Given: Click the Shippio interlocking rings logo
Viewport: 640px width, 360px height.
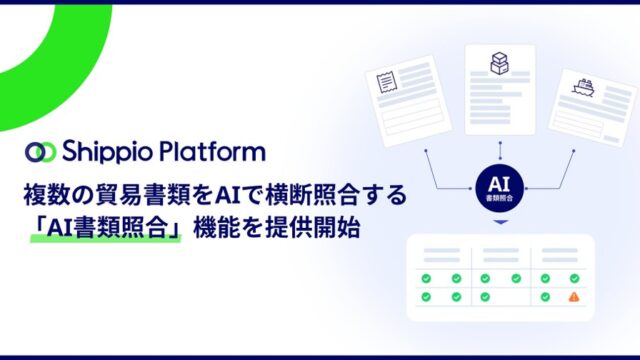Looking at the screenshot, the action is (40, 152).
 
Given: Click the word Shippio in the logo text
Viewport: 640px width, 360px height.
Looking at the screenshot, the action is (107, 151).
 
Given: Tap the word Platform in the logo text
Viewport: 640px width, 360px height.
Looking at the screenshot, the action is (212, 151).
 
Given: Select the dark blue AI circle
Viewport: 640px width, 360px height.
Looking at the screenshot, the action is (500, 188).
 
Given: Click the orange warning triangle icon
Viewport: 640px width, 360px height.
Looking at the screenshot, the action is (574, 297).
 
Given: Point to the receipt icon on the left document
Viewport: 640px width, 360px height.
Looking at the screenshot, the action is (387, 82).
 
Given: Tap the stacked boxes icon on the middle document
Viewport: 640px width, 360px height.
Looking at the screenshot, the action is (499, 63).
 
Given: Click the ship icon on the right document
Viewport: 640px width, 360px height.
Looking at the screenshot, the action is (583, 87).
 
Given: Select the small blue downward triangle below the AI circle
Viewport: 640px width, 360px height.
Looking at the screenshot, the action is (500, 222).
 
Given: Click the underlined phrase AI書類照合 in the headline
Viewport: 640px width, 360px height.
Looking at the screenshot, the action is (107, 228).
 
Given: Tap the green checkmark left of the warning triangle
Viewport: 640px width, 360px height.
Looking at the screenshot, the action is (545, 297).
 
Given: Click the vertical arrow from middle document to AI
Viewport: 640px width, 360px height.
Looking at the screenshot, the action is (500, 151).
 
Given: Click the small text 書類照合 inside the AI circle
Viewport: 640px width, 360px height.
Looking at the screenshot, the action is (500, 198).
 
